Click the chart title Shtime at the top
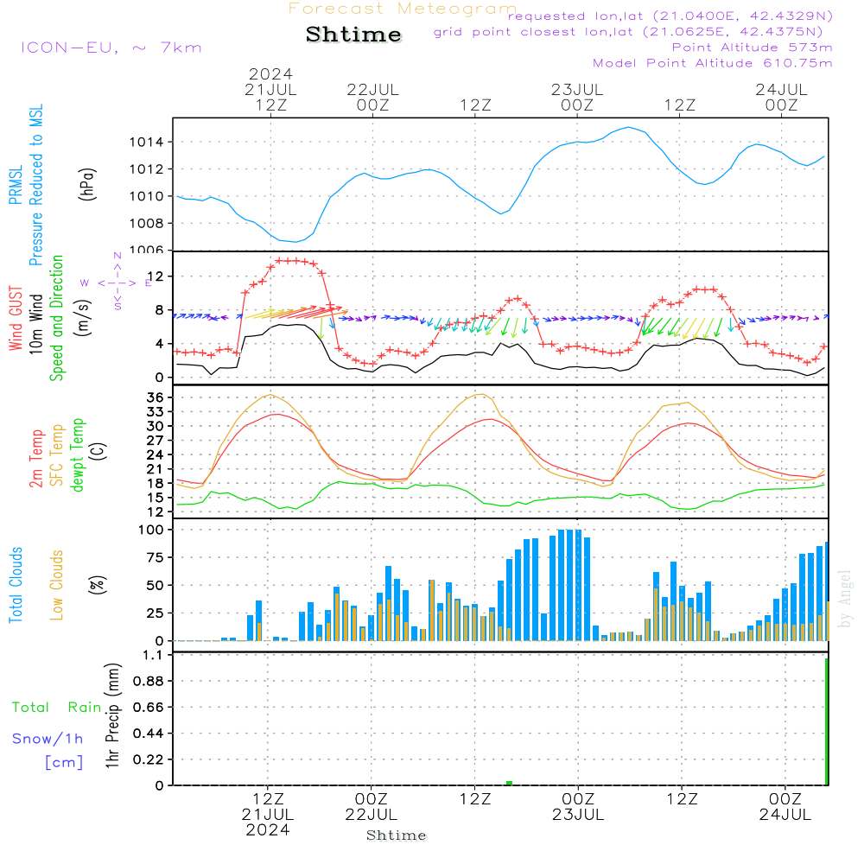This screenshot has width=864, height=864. click(x=354, y=35)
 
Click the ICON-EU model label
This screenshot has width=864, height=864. click(x=111, y=48)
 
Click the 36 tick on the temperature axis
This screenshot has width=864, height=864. click(x=157, y=397)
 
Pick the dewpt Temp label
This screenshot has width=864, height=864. click(x=78, y=455)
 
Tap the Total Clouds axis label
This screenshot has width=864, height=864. click(x=16, y=584)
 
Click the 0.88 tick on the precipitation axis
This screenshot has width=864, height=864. click(x=149, y=682)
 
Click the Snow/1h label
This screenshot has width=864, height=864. click(x=48, y=739)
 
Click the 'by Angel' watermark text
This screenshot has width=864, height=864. click(x=845, y=599)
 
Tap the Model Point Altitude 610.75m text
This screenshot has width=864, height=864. click(x=712, y=63)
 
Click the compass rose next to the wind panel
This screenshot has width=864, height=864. click(x=118, y=283)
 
